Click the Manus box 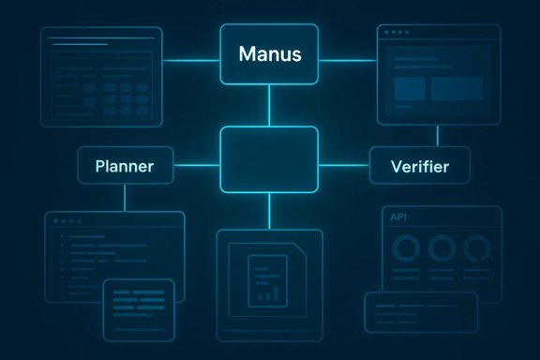269,53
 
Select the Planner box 125,167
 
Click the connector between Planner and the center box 199,167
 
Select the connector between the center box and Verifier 344,167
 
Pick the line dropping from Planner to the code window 125,198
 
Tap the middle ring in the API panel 441,247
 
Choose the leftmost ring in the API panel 406,247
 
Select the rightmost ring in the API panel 476,247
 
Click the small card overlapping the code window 139,304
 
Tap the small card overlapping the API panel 420,311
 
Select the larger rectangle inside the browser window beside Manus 457,88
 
